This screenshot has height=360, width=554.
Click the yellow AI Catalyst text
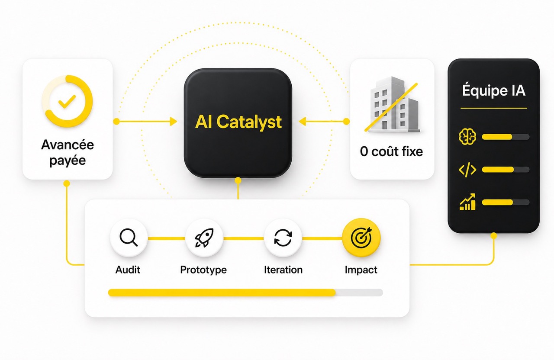(238, 122)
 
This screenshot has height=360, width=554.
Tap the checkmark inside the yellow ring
(67, 101)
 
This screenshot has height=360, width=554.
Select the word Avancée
(68, 145)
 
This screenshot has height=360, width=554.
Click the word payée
(68, 161)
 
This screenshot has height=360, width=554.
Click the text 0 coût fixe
(392, 151)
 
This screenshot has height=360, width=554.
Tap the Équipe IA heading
(494, 90)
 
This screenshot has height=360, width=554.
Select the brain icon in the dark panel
(467, 136)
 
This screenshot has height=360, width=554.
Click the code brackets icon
(467, 170)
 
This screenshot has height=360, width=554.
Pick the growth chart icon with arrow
(467, 202)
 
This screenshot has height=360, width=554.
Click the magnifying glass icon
(129, 238)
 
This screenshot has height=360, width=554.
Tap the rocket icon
(204, 238)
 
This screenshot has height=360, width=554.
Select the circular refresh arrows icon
(283, 238)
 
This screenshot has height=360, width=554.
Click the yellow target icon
(361, 238)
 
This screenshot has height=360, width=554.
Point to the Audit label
(128, 270)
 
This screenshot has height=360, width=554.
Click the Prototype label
(203, 270)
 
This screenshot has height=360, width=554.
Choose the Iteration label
(283, 270)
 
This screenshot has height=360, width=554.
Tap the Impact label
(361, 270)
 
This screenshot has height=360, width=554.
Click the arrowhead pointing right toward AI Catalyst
(174, 122)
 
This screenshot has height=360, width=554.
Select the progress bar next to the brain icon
(506, 137)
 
